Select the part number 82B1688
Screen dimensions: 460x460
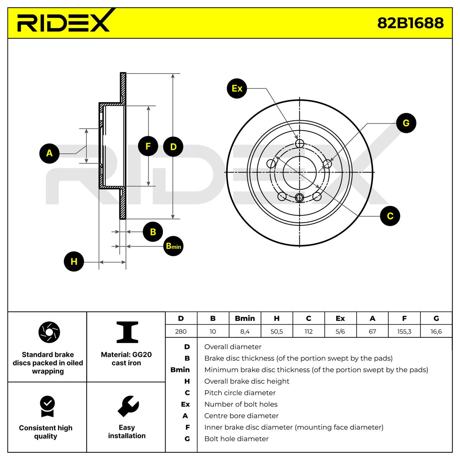click(410, 23)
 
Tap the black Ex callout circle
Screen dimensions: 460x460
click(237, 88)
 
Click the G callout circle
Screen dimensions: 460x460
click(406, 123)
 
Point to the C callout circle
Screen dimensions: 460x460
click(390, 216)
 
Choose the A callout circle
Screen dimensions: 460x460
click(49, 153)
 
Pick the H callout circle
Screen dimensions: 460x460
click(74, 261)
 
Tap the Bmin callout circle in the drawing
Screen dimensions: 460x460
click(173, 246)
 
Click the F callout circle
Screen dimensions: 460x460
click(148, 146)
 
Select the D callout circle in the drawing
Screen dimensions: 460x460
click(173, 146)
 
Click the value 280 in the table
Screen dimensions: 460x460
click(181, 331)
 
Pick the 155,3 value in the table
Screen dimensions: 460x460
click(404, 331)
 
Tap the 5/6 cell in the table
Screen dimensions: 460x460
click(340, 331)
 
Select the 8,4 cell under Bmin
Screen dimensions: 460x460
click(245, 331)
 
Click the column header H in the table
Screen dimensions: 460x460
click(277, 318)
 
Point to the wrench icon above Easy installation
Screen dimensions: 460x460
click(128, 406)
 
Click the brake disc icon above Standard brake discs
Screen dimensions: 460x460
click(49, 332)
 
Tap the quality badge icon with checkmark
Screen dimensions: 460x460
click(48, 406)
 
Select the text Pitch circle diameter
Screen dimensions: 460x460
click(240, 393)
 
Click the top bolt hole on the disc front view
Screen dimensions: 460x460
click(299, 143)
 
